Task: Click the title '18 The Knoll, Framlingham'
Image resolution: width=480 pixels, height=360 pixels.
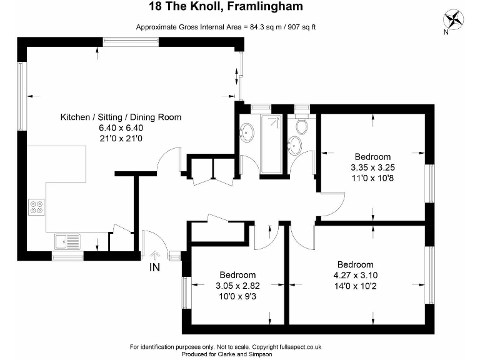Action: click(x=226, y=7)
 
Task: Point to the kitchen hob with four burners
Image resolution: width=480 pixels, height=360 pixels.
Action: click(x=36, y=206)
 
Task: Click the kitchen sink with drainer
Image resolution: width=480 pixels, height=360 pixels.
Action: click(x=65, y=240)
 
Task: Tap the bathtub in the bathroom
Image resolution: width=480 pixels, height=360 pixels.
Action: click(x=272, y=143)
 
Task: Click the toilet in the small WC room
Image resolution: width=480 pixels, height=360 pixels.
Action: click(x=301, y=127)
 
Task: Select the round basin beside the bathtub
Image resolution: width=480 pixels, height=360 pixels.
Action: click(x=248, y=132)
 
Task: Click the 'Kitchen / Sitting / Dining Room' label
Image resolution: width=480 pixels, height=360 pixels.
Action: click(x=121, y=117)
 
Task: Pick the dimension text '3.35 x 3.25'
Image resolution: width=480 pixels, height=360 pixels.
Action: click(x=372, y=167)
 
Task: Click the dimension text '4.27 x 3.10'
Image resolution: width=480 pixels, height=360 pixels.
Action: click(x=355, y=275)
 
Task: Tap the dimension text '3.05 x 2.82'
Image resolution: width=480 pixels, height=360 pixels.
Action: click(x=237, y=286)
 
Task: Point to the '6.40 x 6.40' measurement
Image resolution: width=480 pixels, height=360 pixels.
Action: click(x=121, y=128)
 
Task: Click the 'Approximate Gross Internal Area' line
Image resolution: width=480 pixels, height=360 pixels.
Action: click(x=226, y=26)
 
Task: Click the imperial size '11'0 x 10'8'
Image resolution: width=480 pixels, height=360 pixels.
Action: click(x=372, y=178)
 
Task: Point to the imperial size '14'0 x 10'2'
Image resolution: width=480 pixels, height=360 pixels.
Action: click(x=355, y=286)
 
